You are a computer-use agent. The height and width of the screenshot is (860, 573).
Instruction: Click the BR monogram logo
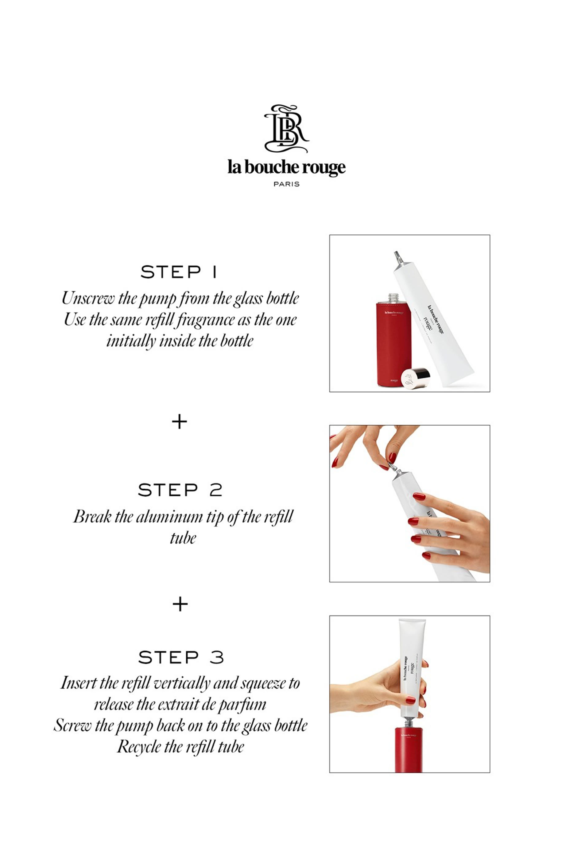[287, 129]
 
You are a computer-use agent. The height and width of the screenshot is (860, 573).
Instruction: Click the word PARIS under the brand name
[287, 184]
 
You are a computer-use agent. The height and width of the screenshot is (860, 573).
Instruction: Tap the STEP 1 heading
[179, 272]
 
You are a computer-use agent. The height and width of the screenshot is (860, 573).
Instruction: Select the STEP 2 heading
[180, 490]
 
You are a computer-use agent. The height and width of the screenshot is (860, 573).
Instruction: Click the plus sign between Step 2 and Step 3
[180, 604]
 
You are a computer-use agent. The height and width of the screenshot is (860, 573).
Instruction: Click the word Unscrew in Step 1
[88, 298]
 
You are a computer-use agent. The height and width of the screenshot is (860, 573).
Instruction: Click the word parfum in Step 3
[242, 704]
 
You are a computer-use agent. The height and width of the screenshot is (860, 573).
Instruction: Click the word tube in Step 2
[183, 538]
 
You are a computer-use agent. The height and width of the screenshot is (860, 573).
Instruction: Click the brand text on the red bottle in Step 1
[393, 313]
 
